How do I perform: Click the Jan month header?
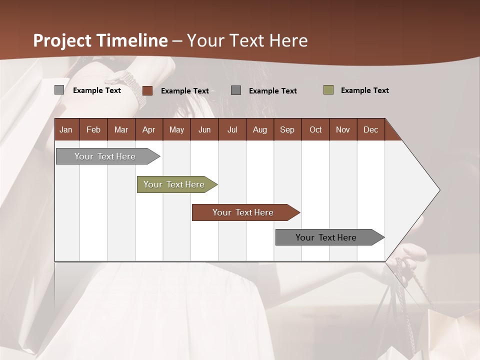point(66,129)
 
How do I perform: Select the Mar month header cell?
point(121,129)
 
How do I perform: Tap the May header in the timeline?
point(176,129)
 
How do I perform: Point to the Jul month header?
point(232,129)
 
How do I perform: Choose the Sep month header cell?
point(287,129)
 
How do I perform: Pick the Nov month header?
point(342,129)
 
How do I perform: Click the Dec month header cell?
point(370,129)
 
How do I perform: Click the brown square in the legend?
point(147,90)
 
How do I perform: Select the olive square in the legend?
point(328,90)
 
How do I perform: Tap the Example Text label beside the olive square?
point(364,90)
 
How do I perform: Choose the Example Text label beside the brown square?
point(184,91)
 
